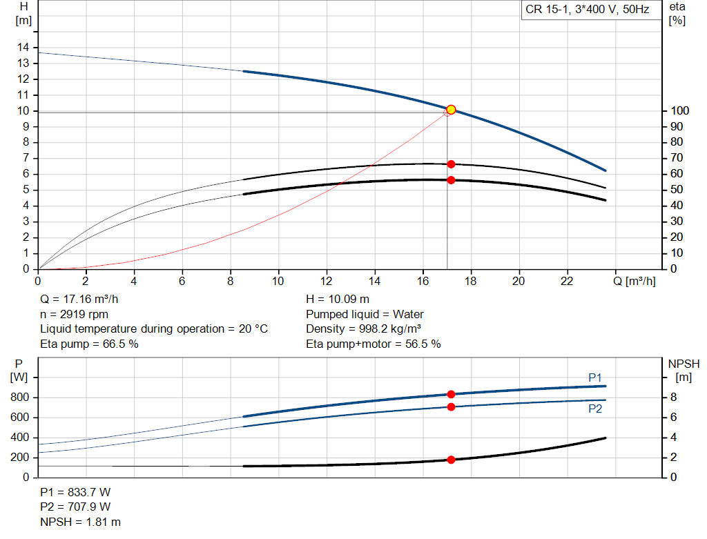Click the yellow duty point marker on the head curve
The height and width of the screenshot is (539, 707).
click(x=451, y=109)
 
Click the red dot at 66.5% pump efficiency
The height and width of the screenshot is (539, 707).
click(x=451, y=164)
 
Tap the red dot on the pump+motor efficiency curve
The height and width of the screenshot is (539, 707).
click(x=451, y=180)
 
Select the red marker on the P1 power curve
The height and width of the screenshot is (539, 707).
click(x=451, y=395)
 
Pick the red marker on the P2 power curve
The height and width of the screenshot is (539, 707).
click(x=451, y=407)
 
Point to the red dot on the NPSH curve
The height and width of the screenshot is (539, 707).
click(x=451, y=460)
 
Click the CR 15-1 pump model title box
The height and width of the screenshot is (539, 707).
click(x=588, y=10)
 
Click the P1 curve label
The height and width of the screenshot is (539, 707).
click(x=595, y=378)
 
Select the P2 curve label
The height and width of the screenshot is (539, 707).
click(x=595, y=409)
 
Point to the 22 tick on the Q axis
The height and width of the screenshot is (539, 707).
click(x=567, y=282)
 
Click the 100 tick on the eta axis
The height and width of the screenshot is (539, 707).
click(x=679, y=111)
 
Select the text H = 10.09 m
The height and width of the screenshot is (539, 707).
click(x=338, y=300)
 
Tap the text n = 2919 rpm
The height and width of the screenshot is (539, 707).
click(x=74, y=314)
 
